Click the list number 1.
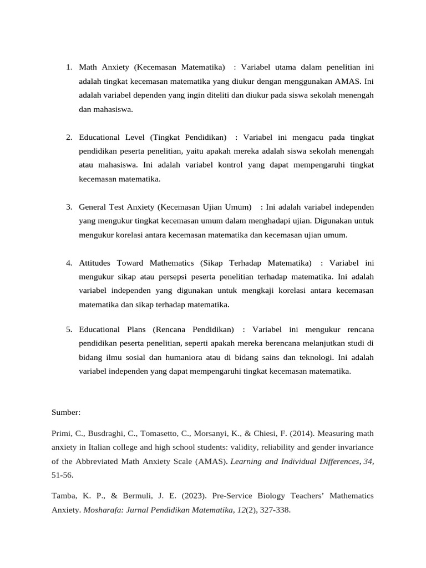[69, 67]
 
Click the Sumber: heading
[66, 413]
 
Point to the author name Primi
[62, 433]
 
